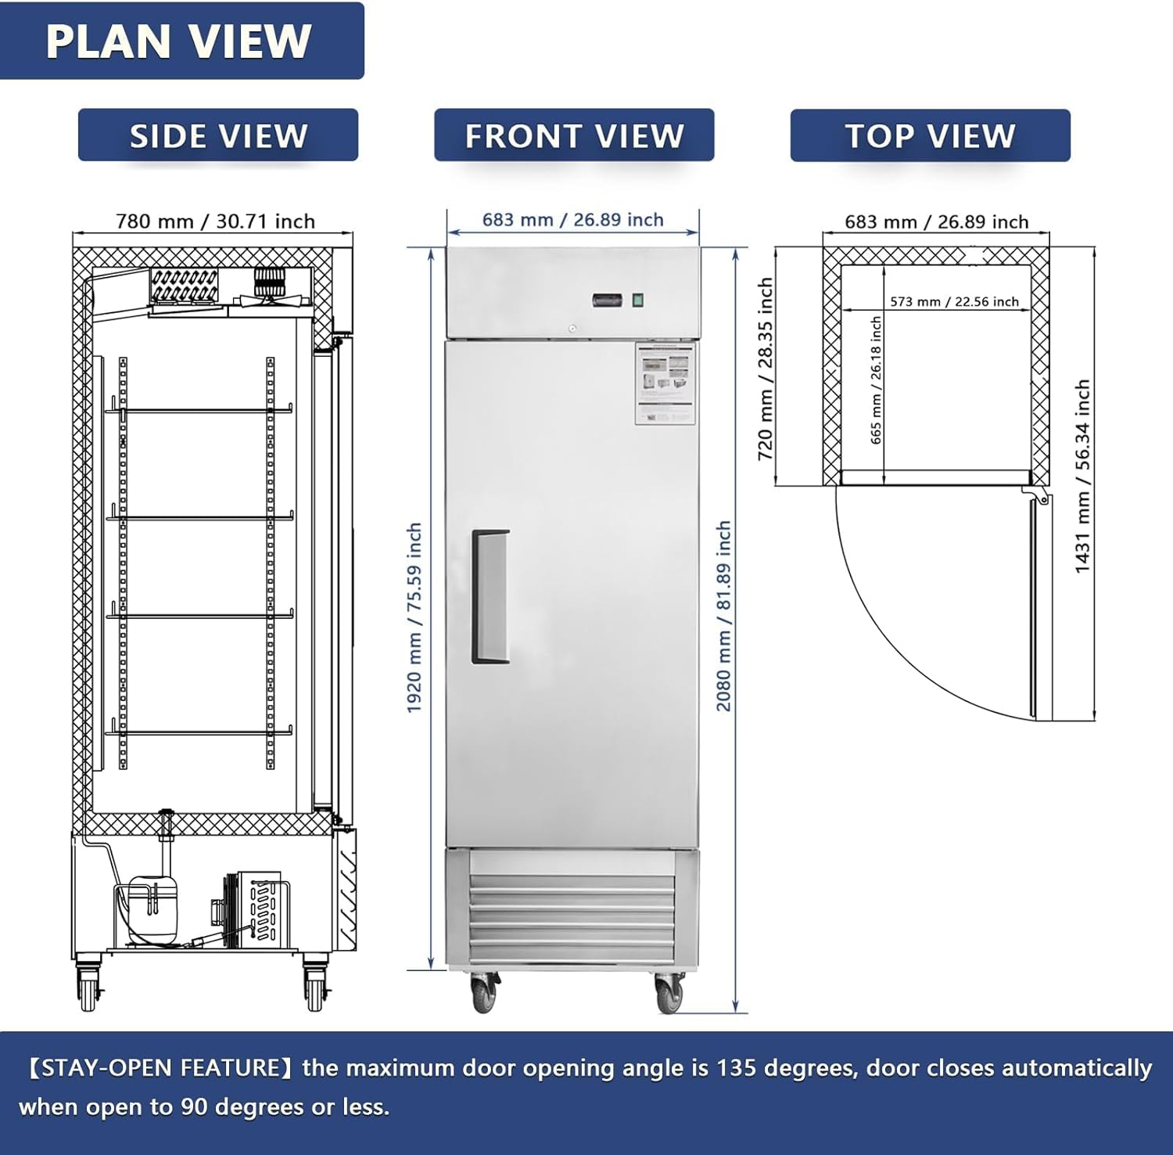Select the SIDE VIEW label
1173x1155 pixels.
pos(218,136)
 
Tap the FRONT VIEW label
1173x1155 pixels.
pos(574,136)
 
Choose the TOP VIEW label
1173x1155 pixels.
pos(930,136)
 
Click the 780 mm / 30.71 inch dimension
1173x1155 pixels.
pos(215,221)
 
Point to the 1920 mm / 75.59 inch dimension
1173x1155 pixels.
pos(414,617)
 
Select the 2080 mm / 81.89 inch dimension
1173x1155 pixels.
pos(724,616)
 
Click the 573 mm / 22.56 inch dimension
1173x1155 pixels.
pos(954,301)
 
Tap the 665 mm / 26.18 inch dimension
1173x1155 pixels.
pos(876,380)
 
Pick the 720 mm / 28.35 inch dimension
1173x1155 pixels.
pos(766,369)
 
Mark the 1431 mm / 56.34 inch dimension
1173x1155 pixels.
pos(1082,477)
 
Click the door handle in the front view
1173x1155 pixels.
pos(490,597)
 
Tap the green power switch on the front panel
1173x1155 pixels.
pos(637,300)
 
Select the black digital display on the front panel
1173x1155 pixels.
pos(607,300)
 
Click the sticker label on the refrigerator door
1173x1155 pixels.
pos(665,383)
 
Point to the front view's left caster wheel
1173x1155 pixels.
pos(484,993)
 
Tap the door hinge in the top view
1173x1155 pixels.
pos(1039,495)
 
